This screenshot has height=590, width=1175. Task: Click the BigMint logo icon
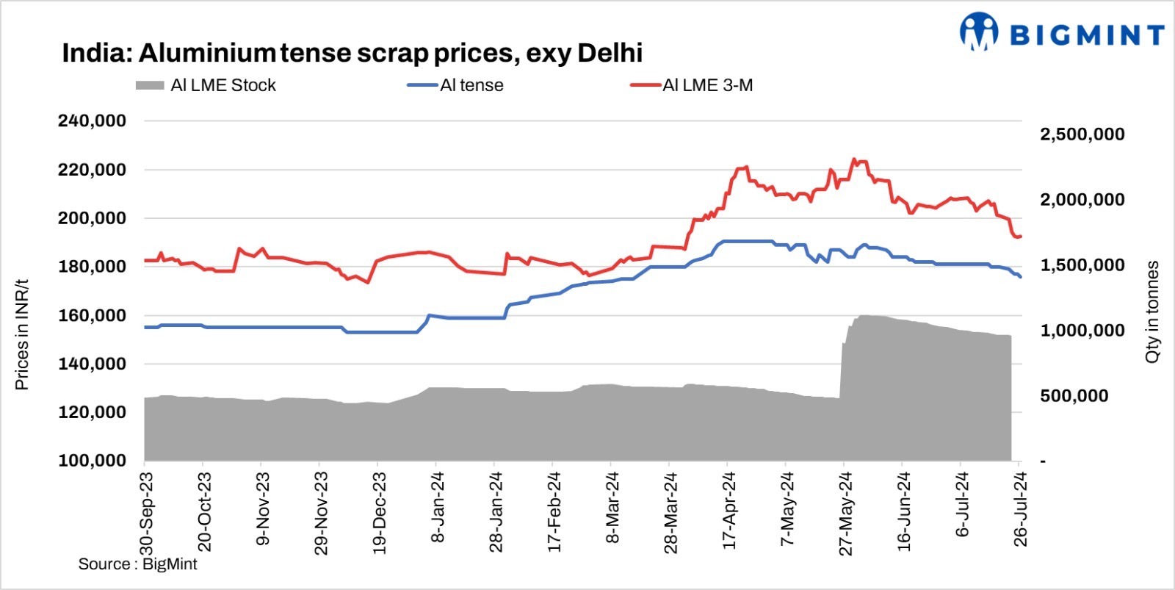pyautogui.click(x=978, y=32)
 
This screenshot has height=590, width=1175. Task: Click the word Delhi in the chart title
pyautogui.click(x=610, y=53)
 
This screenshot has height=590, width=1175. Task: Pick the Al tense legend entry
pyautogui.click(x=455, y=85)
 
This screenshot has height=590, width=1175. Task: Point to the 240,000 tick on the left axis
pyautogui.click(x=92, y=121)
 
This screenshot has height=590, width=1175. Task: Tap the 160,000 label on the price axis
pyautogui.click(x=92, y=316)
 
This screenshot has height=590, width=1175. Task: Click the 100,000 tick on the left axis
pyautogui.click(x=92, y=461)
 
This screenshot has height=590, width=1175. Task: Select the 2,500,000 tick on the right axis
pyautogui.click(x=1082, y=134)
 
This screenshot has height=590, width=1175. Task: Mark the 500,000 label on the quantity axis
pyautogui.click(x=1074, y=396)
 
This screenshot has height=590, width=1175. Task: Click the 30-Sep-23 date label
pyautogui.click(x=146, y=512)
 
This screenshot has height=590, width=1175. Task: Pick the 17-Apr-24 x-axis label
pyautogui.click(x=728, y=511)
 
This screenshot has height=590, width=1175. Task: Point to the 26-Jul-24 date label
pyautogui.click(x=1020, y=511)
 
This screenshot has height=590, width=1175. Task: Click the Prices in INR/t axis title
pyautogui.click(x=22, y=334)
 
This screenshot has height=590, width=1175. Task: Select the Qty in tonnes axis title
pyautogui.click(x=1152, y=312)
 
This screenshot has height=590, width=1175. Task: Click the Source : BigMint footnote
pyautogui.click(x=137, y=564)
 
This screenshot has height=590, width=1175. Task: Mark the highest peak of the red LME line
pyautogui.click(x=853, y=159)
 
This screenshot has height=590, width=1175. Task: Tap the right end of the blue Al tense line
pyautogui.click(x=1020, y=276)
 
